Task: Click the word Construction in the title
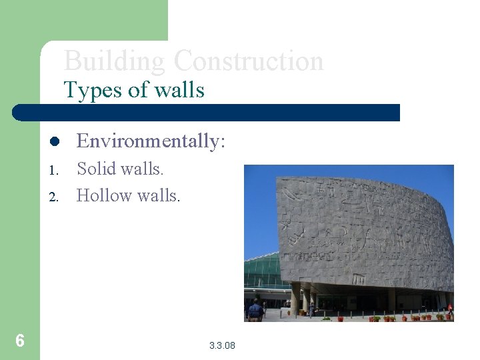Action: coord(248,61)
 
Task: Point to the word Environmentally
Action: coord(149,141)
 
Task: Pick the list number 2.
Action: coord(54,197)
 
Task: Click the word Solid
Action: coord(97,169)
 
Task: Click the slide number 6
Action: coord(20,341)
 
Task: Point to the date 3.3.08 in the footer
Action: coord(222,345)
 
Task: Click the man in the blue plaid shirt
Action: coord(254,311)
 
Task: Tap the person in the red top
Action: coord(449,309)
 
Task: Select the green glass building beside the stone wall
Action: coord(262,273)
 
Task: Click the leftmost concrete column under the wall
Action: coord(295,298)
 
